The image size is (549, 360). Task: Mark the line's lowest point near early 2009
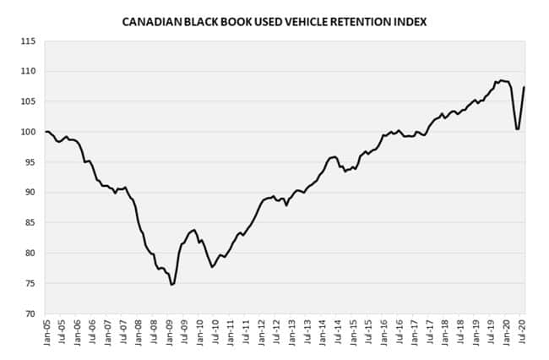coord(172,285)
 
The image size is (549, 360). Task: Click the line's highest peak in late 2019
coord(501,80)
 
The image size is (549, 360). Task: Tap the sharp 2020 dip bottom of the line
coord(517,129)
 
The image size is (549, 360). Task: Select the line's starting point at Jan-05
coord(47,132)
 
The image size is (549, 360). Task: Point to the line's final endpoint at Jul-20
coord(525,87)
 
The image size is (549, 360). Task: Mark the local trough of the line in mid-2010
coord(213,267)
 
